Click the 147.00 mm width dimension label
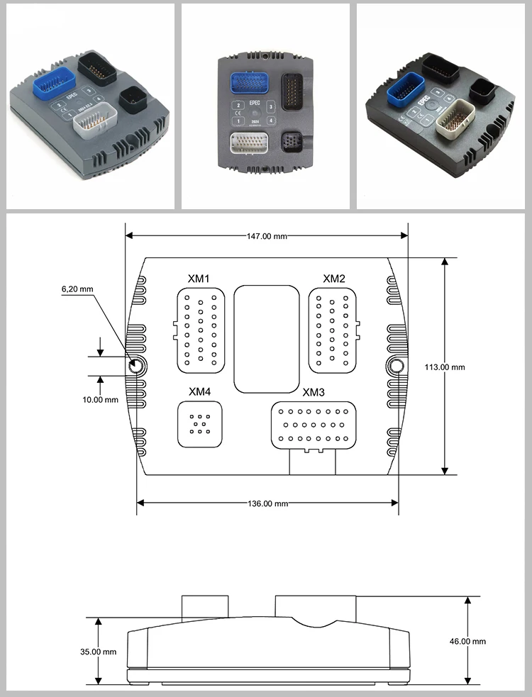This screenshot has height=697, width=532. (267, 236)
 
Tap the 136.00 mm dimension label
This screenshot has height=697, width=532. (267, 503)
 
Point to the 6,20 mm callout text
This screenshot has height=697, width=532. (77, 289)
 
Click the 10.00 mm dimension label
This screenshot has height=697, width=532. (100, 399)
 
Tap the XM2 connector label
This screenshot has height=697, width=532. (333, 278)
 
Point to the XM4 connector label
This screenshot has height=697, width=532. (199, 391)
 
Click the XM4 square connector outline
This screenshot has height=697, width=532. (199, 424)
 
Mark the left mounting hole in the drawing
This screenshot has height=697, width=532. (136, 365)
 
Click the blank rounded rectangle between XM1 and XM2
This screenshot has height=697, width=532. (267, 339)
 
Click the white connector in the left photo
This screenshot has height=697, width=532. (94, 118)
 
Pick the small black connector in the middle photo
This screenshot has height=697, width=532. (292, 142)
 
